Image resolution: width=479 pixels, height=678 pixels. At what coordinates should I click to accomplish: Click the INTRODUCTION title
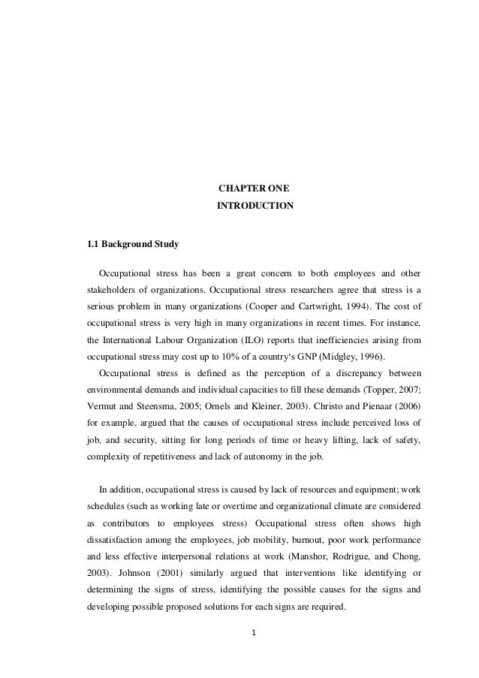coord(255,205)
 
